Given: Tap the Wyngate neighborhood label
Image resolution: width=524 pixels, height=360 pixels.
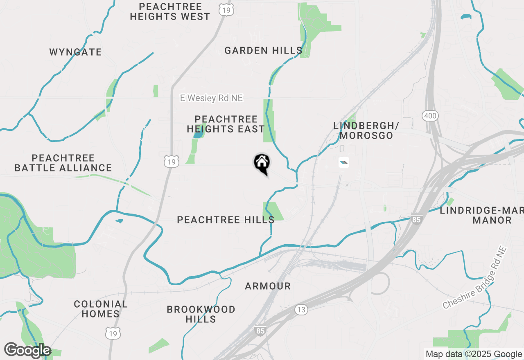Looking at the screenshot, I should [75, 52].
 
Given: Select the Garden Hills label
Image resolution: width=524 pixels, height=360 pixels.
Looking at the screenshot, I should [263, 51].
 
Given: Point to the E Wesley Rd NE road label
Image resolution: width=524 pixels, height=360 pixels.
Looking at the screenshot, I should [211, 98].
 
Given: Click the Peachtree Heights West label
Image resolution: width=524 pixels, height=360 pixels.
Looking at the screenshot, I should [170, 12].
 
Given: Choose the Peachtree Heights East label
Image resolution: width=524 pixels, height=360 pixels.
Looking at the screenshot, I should [226, 124].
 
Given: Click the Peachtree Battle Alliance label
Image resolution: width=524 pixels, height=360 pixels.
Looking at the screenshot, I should [63, 163].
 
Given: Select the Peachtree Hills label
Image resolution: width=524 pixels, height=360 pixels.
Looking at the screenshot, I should [226, 220].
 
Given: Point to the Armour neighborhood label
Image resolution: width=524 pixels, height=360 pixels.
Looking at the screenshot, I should [268, 286].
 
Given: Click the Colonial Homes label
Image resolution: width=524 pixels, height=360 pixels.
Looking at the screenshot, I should [100, 309].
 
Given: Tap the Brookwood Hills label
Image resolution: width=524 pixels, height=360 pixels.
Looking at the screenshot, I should [201, 314].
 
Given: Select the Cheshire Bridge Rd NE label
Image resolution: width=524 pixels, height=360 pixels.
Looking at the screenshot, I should [475, 278].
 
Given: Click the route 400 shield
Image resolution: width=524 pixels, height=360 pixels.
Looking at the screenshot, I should [430, 116].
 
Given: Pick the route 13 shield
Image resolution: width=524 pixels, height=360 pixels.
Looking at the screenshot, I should [301, 310].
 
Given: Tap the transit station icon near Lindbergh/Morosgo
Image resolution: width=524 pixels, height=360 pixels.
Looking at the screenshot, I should [344, 163].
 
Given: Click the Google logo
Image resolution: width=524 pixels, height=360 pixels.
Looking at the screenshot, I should [27, 351].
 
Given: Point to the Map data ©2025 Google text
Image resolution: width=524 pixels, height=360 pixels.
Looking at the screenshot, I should [474, 354].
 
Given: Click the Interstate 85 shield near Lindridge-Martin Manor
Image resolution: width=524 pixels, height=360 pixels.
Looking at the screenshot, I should [416, 220].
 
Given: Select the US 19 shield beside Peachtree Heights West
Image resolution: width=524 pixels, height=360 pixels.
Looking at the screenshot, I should [226, 10].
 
